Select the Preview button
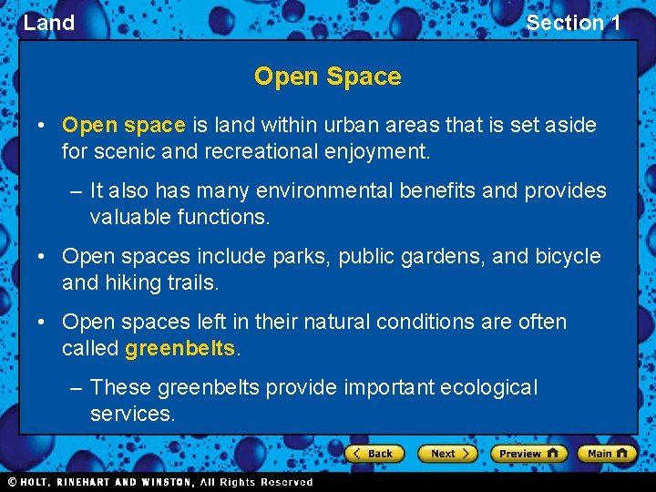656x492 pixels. [x=528, y=453]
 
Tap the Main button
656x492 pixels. [x=607, y=453]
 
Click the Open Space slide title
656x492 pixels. [x=327, y=77]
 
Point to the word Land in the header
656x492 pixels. [x=49, y=23]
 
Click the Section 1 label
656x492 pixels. [x=573, y=23]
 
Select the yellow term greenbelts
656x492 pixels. [x=180, y=348]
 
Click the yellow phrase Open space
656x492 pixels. [x=124, y=125]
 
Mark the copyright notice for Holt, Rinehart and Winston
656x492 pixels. [x=160, y=482]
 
